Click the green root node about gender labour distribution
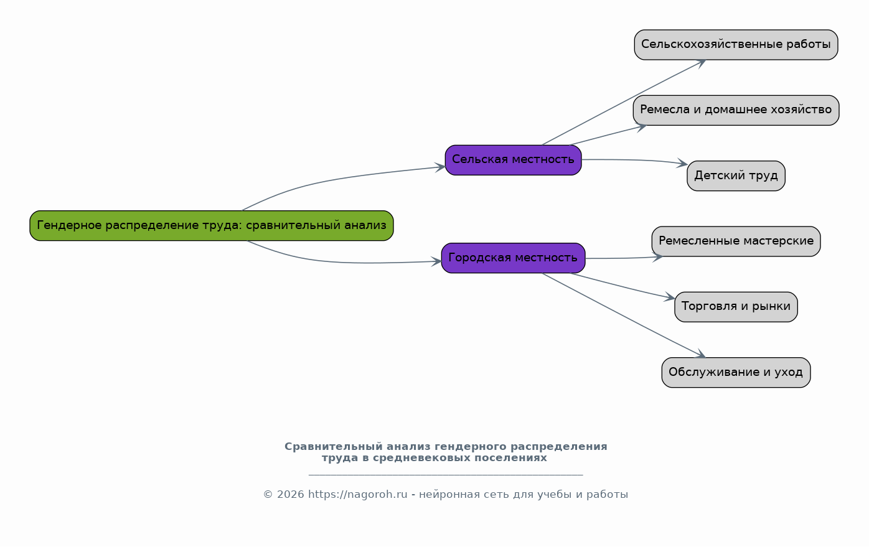click(212, 226)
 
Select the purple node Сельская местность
click(513, 160)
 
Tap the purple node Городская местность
click(513, 258)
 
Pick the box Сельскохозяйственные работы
click(736, 45)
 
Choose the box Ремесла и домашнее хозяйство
click(736, 110)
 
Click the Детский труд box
click(736, 175)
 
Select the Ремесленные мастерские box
click(736, 241)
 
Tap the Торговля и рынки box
click(736, 307)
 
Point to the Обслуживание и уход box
click(736, 372)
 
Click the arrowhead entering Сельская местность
click(440, 167)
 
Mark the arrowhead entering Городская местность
click(436, 261)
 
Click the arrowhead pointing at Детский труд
click(682, 163)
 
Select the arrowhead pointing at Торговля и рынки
click(670, 297)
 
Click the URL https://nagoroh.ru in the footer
click(358, 495)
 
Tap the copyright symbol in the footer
click(268, 495)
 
